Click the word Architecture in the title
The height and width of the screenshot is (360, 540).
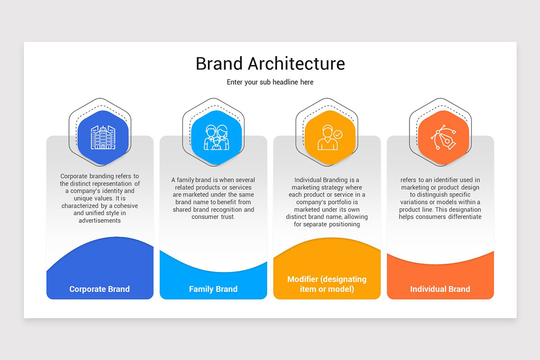pos(296,63)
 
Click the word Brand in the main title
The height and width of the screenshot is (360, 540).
pos(219,63)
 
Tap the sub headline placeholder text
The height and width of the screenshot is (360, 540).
pos(270,82)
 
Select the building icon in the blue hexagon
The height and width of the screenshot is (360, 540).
pos(103,137)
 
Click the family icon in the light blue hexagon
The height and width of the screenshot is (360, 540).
pos(216,137)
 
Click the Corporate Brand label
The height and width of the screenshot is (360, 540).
pos(99,289)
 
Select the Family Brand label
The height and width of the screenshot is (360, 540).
pos(213,289)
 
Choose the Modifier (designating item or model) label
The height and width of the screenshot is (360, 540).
pos(327,284)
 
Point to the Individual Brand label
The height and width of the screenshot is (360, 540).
pos(440,289)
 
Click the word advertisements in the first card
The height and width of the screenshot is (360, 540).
pos(100,220)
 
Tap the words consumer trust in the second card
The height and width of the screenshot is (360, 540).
pos(213,217)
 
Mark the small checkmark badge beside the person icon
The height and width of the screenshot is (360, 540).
pos(338,134)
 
